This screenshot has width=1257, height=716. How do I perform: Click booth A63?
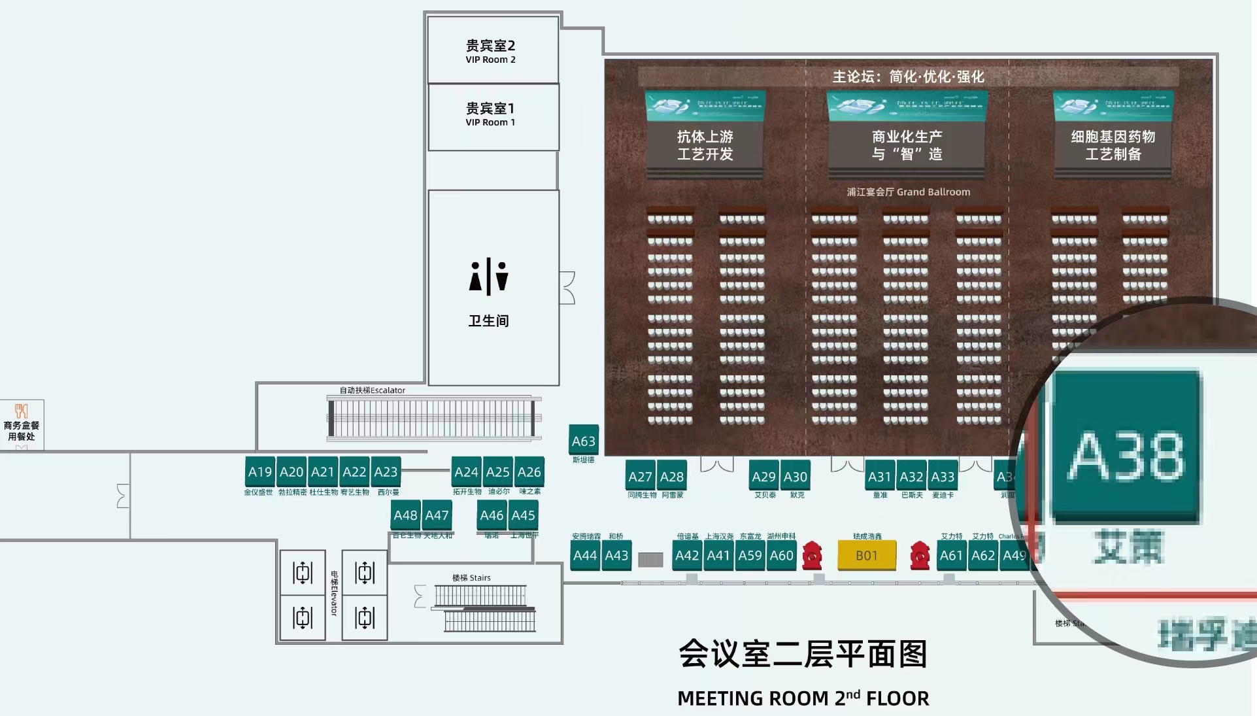[x=583, y=441]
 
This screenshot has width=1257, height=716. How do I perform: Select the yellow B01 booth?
[x=867, y=555]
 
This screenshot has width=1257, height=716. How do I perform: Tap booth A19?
[x=260, y=472]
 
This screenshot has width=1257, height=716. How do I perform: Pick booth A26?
[x=529, y=472]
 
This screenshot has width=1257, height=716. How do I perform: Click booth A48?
[x=405, y=515]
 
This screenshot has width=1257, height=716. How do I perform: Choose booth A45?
[x=523, y=515]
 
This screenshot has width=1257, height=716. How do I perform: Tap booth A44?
[x=584, y=555]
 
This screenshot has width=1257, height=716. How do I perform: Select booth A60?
[x=781, y=555]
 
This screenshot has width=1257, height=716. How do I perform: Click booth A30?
[x=795, y=477]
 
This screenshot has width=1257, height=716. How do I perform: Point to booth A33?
[x=943, y=477]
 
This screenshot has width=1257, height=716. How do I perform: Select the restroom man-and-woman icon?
[x=488, y=277]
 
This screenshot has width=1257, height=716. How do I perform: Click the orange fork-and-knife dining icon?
[x=22, y=411]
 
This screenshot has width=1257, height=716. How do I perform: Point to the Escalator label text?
[x=372, y=390]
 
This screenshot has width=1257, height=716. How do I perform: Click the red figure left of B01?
[x=812, y=554]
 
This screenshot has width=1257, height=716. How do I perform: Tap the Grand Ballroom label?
[x=908, y=192]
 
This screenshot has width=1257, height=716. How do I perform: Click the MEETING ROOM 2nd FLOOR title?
[x=803, y=698]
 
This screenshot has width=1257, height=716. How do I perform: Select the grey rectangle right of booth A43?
[x=650, y=560]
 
